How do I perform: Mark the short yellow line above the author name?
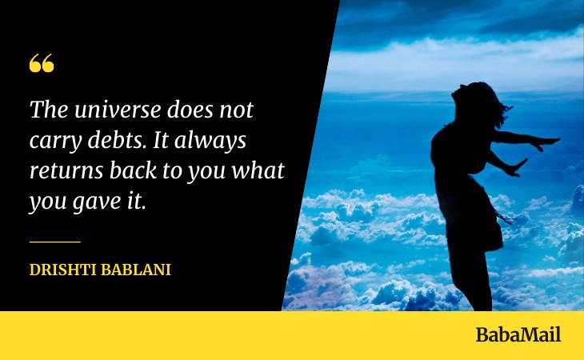pyautogui.click(x=55, y=241)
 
